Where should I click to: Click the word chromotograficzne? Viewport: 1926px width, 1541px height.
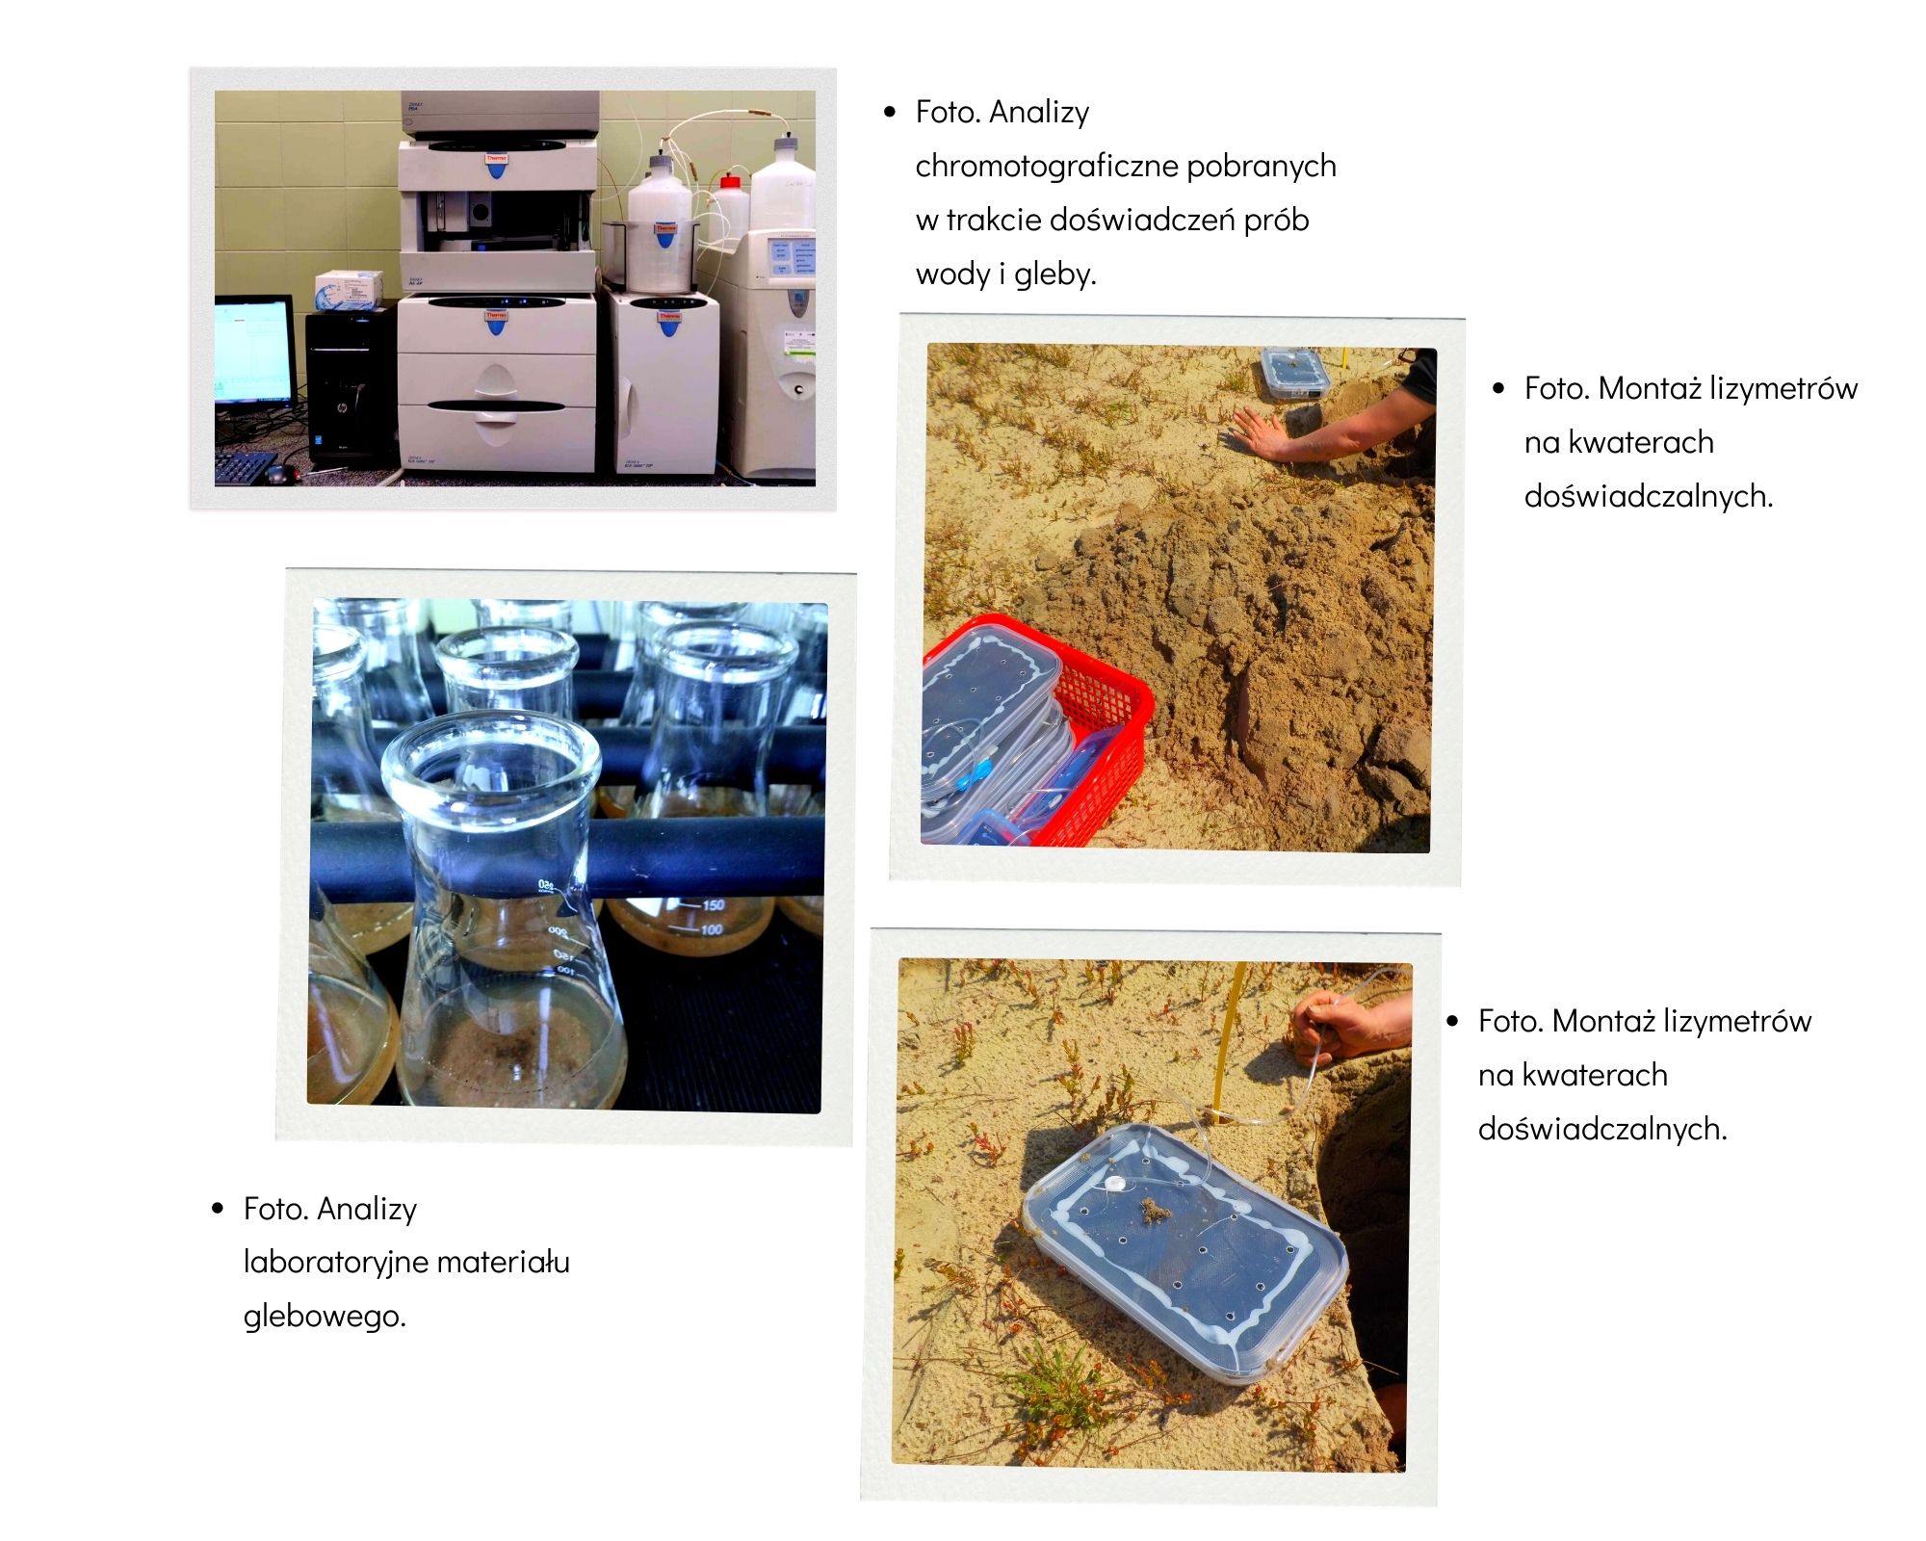[x=1047, y=167]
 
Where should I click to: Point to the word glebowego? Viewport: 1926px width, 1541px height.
[x=325, y=1316]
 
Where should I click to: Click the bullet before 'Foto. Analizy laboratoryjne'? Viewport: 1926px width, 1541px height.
[x=218, y=1209]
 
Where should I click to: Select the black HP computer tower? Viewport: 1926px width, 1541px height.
[x=351, y=389]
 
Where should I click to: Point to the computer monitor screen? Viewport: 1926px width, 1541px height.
[x=253, y=352]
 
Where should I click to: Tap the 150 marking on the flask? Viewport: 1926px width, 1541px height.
[x=713, y=905]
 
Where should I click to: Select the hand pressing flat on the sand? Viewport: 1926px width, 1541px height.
[x=1262, y=433]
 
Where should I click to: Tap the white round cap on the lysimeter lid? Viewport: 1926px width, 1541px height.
[x=1114, y=1184]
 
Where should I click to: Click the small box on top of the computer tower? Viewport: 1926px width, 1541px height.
[x=349, y=290]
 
